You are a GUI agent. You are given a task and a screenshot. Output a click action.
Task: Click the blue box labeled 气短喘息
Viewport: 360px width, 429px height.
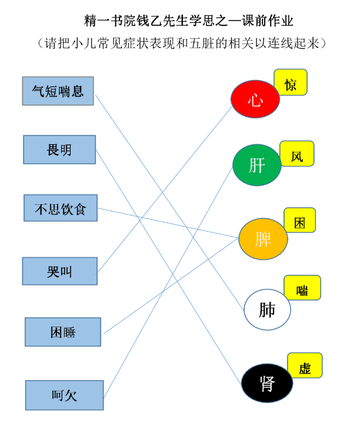(x=58, y=91)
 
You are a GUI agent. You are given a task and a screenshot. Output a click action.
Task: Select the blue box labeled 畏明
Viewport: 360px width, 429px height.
(x=59, y=149)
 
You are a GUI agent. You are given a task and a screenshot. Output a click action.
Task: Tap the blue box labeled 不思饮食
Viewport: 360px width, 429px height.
(x=61, y=208)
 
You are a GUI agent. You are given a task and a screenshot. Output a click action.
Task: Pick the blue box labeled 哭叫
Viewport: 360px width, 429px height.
(x=59, y=271)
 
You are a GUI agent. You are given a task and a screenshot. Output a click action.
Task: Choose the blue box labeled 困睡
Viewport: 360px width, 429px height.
(x=63, y=332)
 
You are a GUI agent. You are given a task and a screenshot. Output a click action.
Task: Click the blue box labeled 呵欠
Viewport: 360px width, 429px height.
(x=64, y=395)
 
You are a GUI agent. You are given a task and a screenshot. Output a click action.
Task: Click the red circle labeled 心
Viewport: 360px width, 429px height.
(x=255, y=99)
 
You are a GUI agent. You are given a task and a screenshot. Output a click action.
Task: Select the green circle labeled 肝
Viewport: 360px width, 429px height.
(x=257, y=165)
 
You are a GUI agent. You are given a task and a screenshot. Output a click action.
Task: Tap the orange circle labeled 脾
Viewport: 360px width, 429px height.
(x=263, y=239)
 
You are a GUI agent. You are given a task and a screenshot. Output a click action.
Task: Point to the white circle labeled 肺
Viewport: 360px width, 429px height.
(x=267, y=310)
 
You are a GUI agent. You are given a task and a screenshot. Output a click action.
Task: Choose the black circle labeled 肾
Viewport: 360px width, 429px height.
(x=267, y=383)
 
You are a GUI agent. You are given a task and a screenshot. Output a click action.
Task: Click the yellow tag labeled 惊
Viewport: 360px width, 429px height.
(x=291, y=82)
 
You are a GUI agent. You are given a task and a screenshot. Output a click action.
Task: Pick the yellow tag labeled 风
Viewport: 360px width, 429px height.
(x=297, y=154)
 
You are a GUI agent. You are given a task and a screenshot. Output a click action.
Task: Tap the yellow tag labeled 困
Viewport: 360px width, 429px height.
(x=299, y=220)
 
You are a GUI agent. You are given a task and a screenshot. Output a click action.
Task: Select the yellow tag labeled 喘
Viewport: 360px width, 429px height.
(x=302, y=288)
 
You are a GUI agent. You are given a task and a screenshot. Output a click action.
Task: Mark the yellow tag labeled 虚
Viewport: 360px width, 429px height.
(x=305, y=365)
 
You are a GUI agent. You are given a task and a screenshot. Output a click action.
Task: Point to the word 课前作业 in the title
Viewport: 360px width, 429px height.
(x=268, y=21)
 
